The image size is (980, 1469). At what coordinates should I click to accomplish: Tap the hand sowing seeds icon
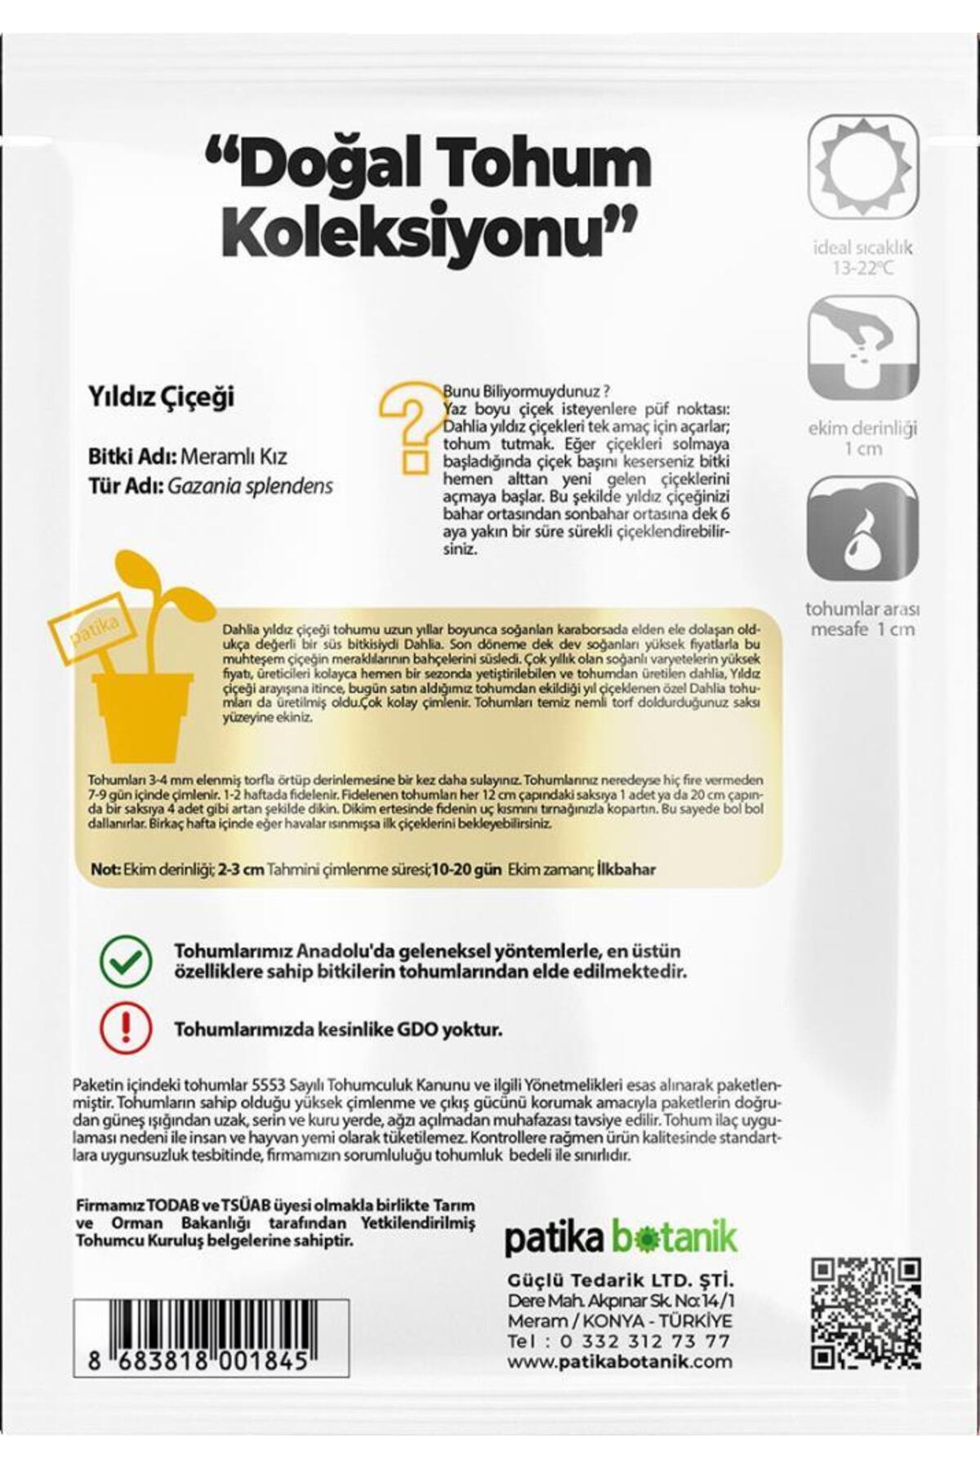(x=863, y=348)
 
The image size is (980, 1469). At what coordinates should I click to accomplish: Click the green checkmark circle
(x=125, y=961)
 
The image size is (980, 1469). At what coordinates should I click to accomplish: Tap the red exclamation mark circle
(x=125, y=1028)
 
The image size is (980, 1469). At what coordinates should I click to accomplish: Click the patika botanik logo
(x=620, y=1238)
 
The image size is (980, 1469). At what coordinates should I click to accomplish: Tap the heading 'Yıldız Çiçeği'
(x=161, y=397)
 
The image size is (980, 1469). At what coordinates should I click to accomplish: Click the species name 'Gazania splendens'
(x=250, y=486)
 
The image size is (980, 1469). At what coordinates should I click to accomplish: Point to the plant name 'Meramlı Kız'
(x=234, y=457)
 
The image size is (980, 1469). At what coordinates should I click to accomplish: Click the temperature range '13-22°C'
(x=862, y=268)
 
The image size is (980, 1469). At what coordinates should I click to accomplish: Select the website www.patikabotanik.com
(x=619, y=1361)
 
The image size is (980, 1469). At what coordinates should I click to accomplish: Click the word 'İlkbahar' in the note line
(x=626, y=869)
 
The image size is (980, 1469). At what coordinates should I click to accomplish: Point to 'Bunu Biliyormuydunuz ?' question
(x=527, y=390)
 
